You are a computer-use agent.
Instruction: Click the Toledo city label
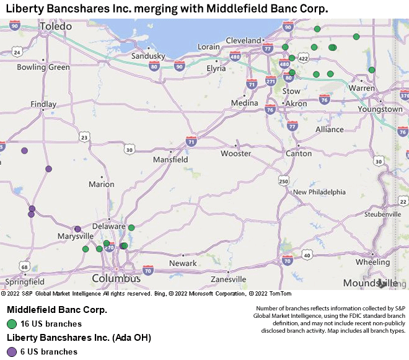coord(56,27)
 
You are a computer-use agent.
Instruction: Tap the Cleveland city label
coord(244,40)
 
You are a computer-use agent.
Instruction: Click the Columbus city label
coord(117,278)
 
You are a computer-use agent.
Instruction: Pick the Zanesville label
coord(229,279)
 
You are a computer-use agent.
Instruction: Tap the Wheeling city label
coord(372,262)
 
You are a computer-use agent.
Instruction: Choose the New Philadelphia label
coord(319,192)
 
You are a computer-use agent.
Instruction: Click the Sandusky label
coord(148,56)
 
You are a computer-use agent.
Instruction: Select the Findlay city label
coord(43,104)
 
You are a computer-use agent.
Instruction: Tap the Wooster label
coord(236,153)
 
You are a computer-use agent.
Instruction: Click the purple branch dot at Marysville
coord(77,229)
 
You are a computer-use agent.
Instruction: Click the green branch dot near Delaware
coord(131,227)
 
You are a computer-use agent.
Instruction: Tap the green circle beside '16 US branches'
coord(12,323)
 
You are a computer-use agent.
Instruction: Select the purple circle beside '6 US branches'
coord(12,351)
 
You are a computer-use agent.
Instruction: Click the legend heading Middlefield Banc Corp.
coord(57,309)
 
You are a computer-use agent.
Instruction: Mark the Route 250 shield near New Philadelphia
coord(283,181)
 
